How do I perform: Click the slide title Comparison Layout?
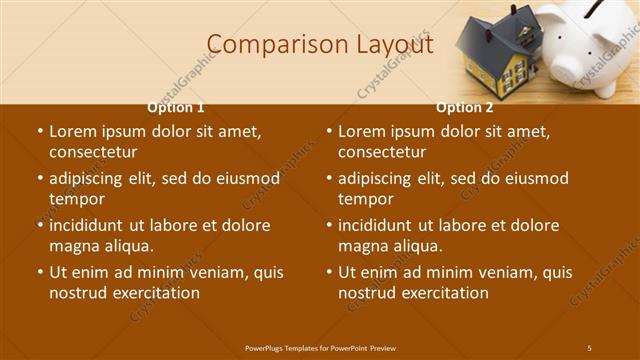point(320,44)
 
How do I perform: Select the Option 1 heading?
point(176,107)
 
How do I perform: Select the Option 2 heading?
point(465,107)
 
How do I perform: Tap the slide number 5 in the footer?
point(589,347)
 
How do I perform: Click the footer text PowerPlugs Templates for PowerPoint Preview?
point(320,347)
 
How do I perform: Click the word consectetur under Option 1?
point(92,153)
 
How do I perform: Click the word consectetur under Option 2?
point(381,153)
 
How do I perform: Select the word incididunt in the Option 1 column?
point(92,226)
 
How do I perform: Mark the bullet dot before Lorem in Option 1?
point(40,132)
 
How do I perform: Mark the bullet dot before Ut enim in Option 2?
point(329,272)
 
